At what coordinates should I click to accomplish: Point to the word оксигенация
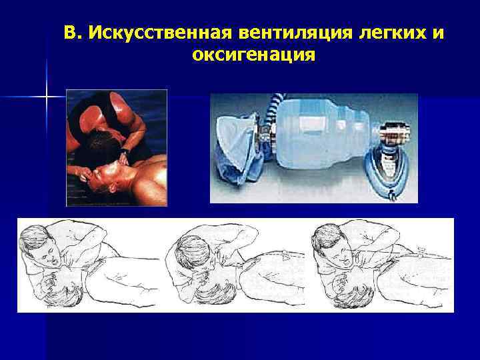(253, 55)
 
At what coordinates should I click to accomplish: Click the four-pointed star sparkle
(47, 98)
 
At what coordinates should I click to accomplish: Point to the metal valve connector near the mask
(391, 130)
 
